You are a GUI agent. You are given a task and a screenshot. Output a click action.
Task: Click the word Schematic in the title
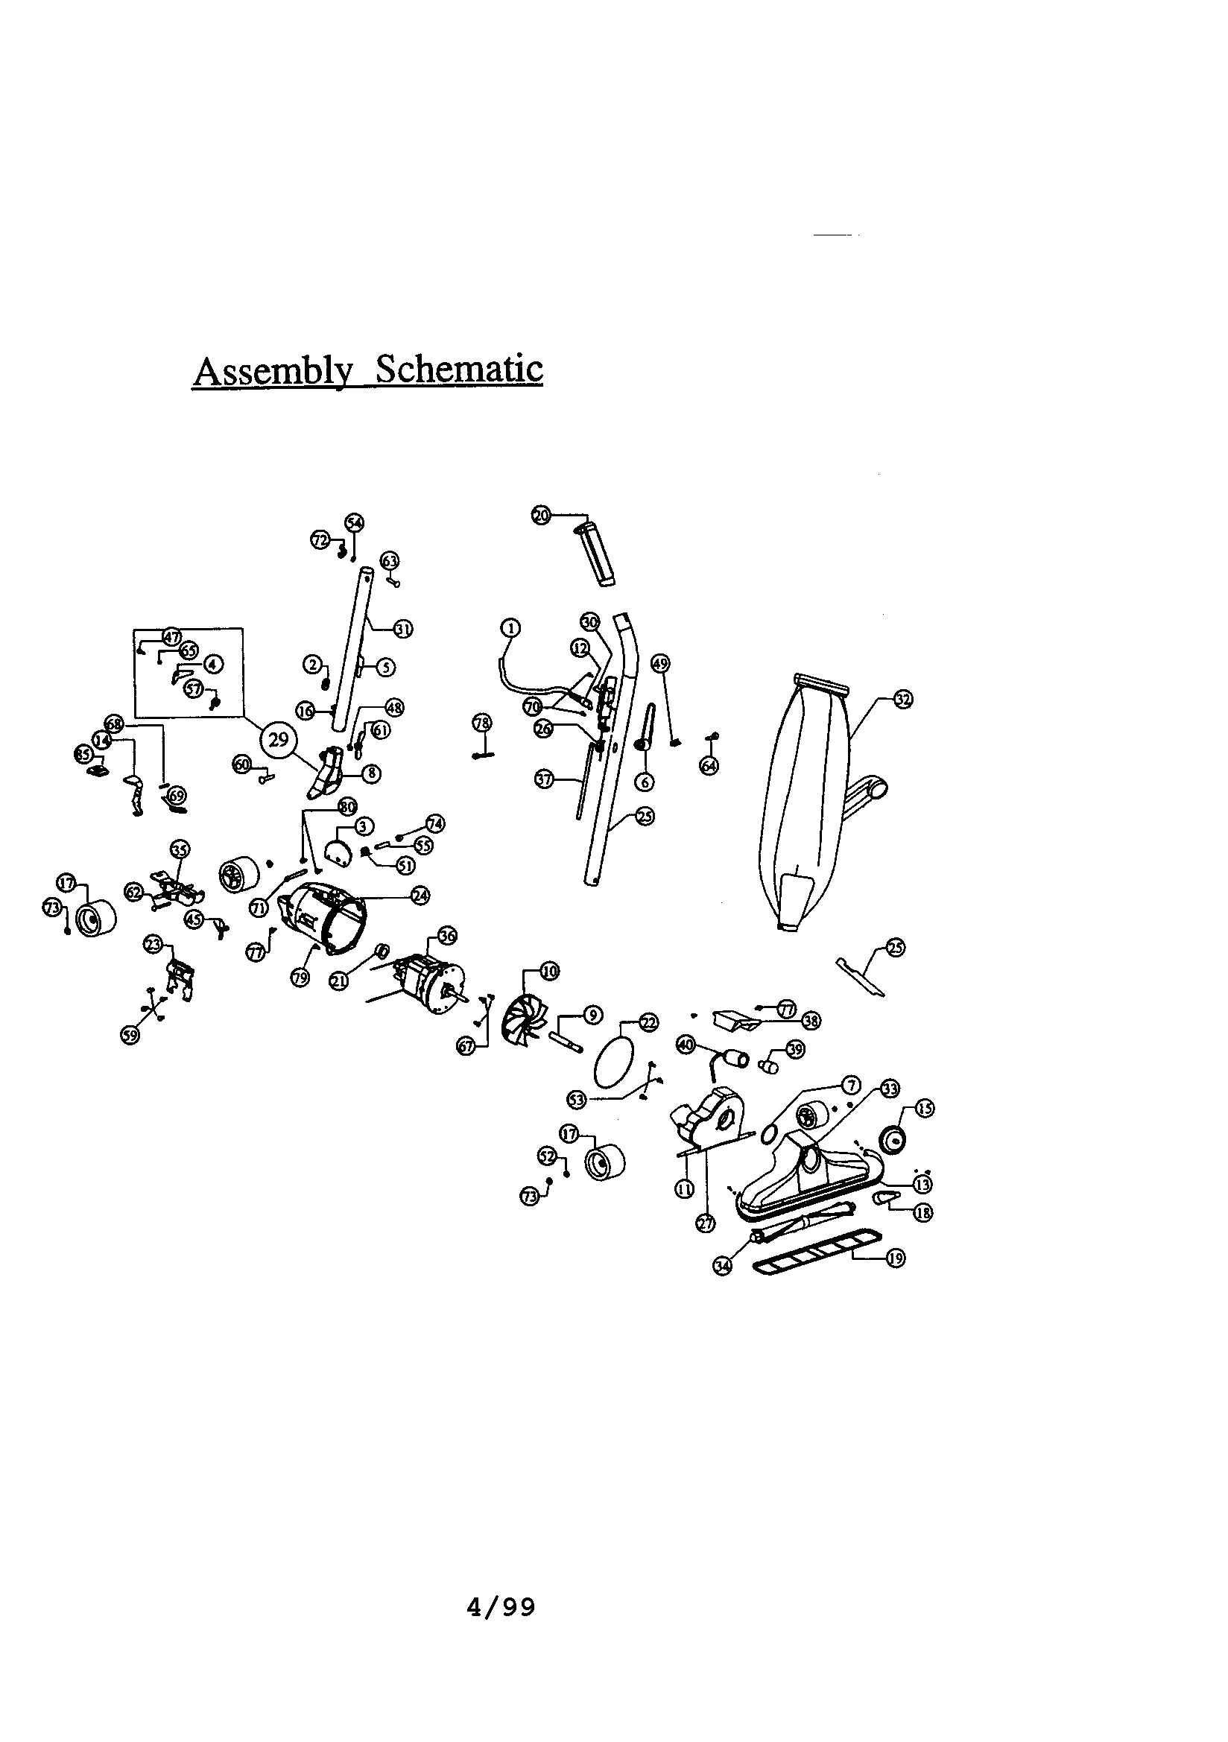point(459,370)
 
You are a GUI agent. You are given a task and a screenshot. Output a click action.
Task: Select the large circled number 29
point(279,739)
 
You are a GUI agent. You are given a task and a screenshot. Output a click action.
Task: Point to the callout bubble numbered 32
point(902,700)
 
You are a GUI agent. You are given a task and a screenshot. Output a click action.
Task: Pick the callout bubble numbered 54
point(355,522)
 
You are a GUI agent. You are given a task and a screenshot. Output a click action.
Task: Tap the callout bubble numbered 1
point(510,627)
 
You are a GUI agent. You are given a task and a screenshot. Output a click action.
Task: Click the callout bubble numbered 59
point(130,1036)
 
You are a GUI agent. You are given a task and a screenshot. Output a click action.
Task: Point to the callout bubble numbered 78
point(483,722)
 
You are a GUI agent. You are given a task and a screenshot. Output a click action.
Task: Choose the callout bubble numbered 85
point(83,753)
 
